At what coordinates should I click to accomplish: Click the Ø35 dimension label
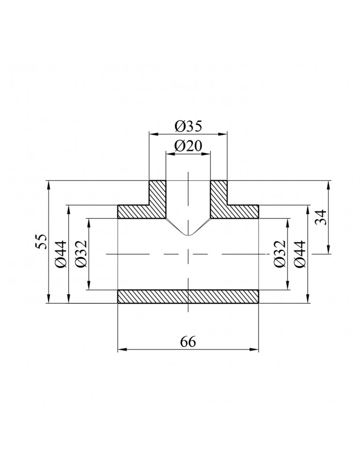(x=188, y=126)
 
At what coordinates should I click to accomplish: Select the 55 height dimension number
(x=41, y=241)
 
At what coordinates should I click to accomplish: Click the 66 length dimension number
(x=188, y=342)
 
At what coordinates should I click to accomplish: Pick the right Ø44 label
(x=300, y=254)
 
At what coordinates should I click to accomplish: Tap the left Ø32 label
(x=81, y=254)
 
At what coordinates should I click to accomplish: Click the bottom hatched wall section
(x=188, y=297)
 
